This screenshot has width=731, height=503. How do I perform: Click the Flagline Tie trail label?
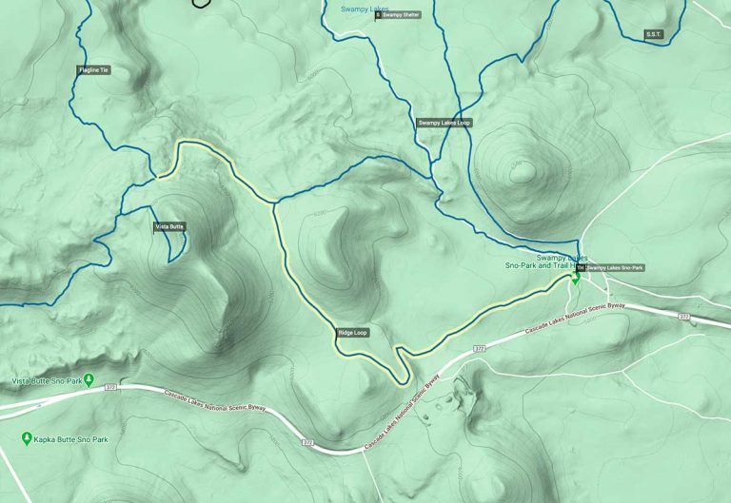pos(93,69)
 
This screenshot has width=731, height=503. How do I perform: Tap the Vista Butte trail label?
pos(169,227)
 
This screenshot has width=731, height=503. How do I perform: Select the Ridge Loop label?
pos(352,333)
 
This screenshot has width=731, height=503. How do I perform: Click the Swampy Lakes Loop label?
pos(445,123)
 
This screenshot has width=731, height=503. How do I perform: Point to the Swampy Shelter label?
pos(401,15)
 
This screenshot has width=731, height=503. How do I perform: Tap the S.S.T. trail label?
pos(653,34)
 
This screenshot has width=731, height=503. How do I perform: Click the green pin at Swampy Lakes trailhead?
pos(575,281)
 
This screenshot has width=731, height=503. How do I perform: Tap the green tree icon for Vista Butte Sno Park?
pos(89,380)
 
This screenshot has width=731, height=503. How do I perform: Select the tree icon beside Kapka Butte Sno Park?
pos(26,438)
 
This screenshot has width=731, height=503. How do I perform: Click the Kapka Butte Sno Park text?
pos(71,440)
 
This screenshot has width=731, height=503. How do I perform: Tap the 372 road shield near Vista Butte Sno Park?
pos(111,387)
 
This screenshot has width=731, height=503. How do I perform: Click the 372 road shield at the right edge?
pos(682,316)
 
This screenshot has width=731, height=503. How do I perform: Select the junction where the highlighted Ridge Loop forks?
pos(274,202)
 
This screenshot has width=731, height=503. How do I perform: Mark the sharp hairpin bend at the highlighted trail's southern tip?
pos(403,382)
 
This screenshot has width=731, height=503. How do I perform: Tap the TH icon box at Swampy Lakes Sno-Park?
pos(580,268)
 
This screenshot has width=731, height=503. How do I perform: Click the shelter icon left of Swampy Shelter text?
pos(378,15)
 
